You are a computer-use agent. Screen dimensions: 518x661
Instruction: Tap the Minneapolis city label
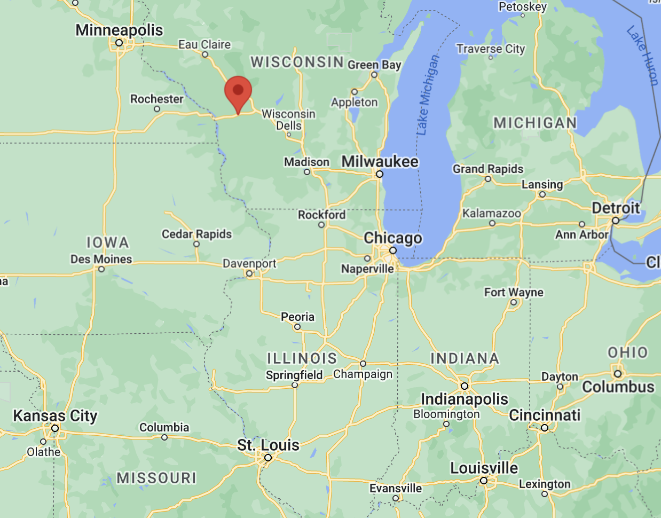point(119,30)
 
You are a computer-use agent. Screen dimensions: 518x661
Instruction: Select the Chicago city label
point(393,238)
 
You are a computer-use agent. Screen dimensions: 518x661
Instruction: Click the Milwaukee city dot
point(380,174)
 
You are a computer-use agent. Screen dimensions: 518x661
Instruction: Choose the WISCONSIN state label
point(297,62)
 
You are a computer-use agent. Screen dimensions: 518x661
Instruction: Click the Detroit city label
point(616,208)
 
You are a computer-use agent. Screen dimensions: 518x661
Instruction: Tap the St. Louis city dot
point(268,458)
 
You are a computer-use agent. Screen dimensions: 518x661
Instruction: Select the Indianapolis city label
point(465,399)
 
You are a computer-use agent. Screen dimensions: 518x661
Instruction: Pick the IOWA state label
point(108,242)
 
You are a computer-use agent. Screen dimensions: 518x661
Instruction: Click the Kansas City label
point(55,415)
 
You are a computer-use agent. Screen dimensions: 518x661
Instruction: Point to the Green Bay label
point(374,65)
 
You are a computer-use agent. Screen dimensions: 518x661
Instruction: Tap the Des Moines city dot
point(101,269)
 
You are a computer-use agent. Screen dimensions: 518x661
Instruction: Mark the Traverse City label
point(491,49)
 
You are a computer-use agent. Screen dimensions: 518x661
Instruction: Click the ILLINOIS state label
point(302,358)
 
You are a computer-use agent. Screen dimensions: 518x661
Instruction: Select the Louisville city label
point(484,468)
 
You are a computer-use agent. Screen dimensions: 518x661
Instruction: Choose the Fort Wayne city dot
point(514,302)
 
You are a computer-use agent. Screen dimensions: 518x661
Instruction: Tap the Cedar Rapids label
point(197,234)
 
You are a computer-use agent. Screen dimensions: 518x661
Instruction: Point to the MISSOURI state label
point(156,477)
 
